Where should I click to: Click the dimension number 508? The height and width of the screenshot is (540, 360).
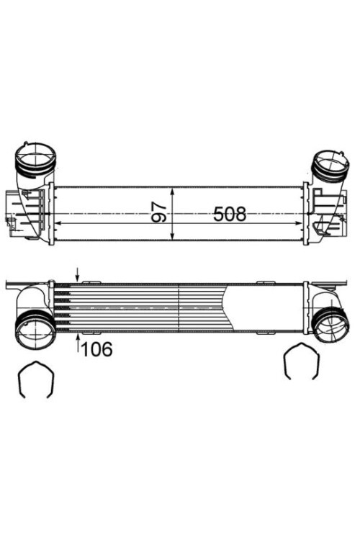click(230, 214)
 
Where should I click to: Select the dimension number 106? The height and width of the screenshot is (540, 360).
click(97, 350)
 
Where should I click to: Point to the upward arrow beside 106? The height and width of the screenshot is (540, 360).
click(78, 344)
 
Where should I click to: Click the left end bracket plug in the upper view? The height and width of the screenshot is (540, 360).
click(10, 209)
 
